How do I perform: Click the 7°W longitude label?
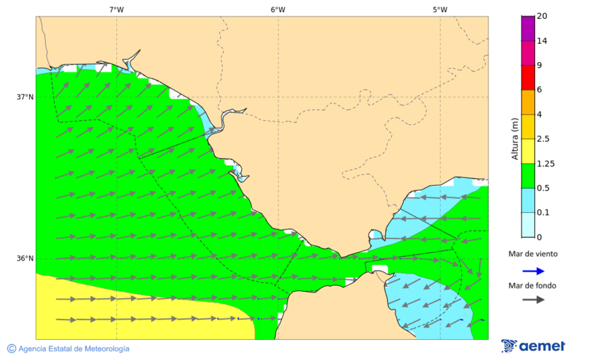tap(116, 9)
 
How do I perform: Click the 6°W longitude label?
tap(278, 9)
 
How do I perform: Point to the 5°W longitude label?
tap(440, 9)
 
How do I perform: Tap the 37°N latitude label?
tap(25, 97)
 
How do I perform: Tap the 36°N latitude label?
tap(25, 259)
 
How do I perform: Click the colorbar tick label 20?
tap(542, 16)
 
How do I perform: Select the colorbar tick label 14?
tap(542, 41)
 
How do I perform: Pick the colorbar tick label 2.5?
tap(543, 139)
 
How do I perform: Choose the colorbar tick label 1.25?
tap(545, 163)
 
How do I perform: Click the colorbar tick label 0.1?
tap(543, 213)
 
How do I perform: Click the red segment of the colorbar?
tap(528, 77)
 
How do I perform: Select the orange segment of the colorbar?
tap(528, 102)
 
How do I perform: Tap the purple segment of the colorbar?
tap(528, 28)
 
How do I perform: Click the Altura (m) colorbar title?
tap(515, 139)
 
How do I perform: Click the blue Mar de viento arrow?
tap(533, 271)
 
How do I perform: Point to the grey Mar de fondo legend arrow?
tap(533, 299)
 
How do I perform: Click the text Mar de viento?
tap(533, 254)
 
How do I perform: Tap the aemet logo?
tap(533, 346)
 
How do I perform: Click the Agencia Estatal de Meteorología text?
tap(74, 349)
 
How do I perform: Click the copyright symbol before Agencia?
tap(11, 349)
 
